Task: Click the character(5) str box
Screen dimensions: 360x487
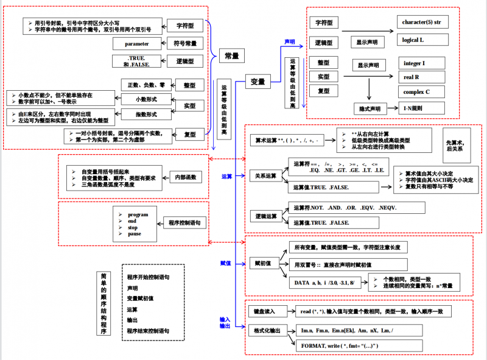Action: click(x=421, y=23)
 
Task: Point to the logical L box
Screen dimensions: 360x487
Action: click(x=414, y=40)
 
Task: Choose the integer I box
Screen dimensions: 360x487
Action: click(x=415, y=63)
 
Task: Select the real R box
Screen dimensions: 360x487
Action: click(x=412, y=77)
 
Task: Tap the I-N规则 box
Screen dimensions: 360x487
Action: click(x=412, y=108)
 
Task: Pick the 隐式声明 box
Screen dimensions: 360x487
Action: click(x=368, y=108)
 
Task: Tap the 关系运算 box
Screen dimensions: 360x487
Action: click(x=265, y=176)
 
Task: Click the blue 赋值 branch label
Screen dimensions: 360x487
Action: click(x=225, y=263)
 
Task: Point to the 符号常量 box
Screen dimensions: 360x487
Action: click(x=185, y=44)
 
